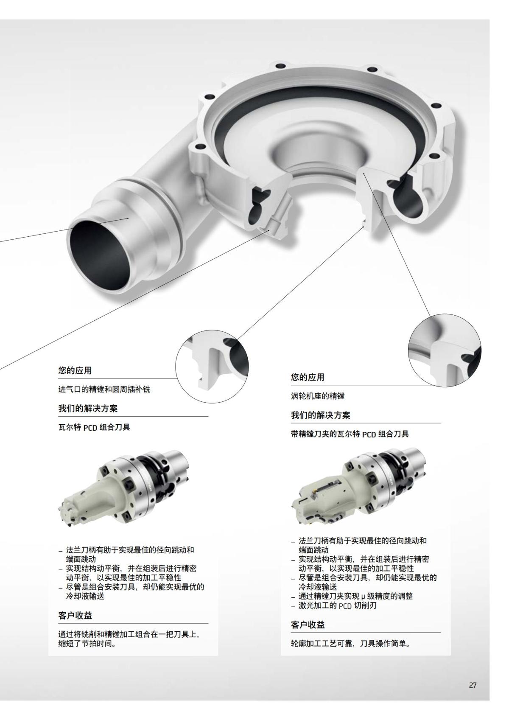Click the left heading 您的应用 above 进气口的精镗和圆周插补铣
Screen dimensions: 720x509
point(75,370)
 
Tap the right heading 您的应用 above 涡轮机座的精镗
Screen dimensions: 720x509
point(308,377)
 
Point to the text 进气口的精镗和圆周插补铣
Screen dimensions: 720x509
point(104,389)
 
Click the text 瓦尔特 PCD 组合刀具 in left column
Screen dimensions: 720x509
point(94,427)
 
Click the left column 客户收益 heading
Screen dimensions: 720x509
point(75,615)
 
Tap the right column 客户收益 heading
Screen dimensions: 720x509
point(308,625)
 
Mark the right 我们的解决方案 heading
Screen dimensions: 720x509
point(321,415)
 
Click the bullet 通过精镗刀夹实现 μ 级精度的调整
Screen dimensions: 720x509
point(355,596)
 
